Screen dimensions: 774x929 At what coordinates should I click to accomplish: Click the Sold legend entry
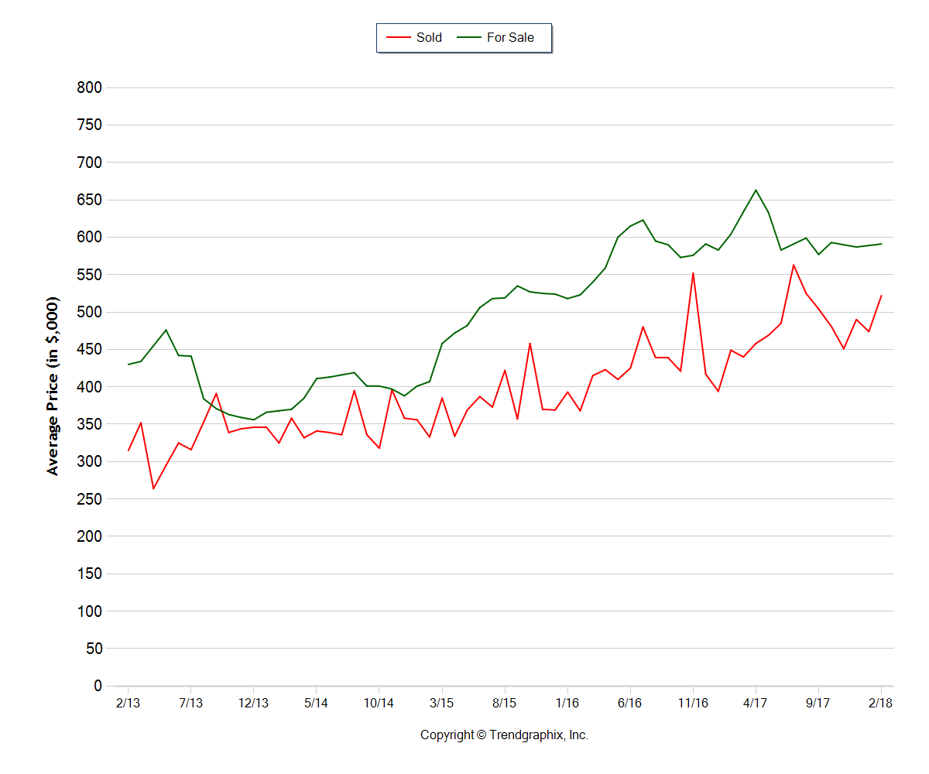tap(414, 37)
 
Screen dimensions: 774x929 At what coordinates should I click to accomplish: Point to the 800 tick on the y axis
tap(90, 87)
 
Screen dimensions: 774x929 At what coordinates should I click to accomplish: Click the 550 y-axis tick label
tap(90, 275)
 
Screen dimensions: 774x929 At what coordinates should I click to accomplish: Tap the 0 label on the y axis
tap(98, 686)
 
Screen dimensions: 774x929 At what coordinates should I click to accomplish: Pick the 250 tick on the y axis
tap(90, 499)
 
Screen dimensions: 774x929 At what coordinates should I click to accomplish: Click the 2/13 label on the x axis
tap(128, 703)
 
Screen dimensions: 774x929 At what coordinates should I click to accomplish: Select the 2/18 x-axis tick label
tap(881, 703)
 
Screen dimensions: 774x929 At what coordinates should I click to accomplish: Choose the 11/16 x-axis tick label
tap(693, 703)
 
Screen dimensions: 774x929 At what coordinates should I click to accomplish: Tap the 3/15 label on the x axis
tap(442, 703)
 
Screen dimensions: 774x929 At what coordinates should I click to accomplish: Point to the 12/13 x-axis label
tap(253, 703)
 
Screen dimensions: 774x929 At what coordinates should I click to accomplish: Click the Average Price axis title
tap(53, 385)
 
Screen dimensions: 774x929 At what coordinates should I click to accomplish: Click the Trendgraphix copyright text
tap(504, 735)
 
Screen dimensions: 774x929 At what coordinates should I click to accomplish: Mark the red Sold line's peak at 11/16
tap(693, 272)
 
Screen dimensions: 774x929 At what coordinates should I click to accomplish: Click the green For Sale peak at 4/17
tap(756, 190)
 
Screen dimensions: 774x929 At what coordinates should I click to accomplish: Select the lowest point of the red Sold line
tap(153, 488)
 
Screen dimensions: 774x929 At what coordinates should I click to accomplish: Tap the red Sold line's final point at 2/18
tap(881, 296)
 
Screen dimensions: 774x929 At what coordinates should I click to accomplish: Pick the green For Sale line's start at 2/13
tap(128, 365)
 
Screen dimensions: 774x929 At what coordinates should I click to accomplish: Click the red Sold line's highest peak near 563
tap(794, 265)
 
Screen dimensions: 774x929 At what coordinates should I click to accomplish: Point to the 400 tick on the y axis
tap(90, 387)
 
